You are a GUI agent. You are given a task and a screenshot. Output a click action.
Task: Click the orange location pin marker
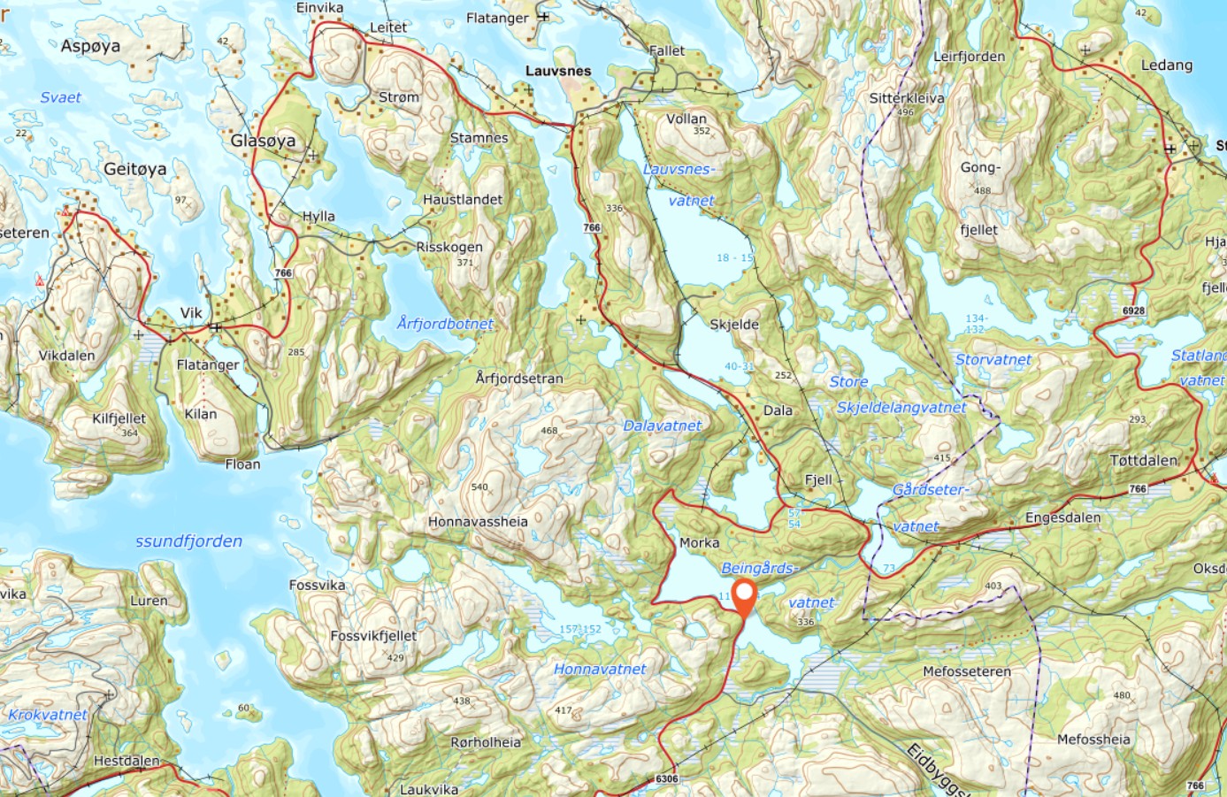tap(745, 598)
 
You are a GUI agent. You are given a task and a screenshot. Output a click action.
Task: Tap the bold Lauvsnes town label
tap(558, 71)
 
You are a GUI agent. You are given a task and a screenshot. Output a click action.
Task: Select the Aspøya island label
tap(90, 46)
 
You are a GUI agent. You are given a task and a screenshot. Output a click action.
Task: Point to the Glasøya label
tap(263, 141)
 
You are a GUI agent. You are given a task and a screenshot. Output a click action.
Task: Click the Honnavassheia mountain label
tap(478, 522)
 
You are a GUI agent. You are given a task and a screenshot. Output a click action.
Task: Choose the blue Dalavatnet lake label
tap(663, 425)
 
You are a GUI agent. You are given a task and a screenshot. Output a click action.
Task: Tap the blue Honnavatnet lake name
tap(600, 670)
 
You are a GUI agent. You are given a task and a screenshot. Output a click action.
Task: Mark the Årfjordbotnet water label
tap(445, 324)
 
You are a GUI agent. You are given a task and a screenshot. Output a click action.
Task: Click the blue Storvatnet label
tap(993, 360)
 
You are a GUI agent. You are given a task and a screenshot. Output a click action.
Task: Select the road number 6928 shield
tap(1133, 311)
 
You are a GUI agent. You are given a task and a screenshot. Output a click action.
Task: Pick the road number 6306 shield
tap(667, 779)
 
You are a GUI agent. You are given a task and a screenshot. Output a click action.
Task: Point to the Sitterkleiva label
tap(907, 98)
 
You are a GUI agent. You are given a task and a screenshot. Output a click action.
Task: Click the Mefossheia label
tap(1093, 740)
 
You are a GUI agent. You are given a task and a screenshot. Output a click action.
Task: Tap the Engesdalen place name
tap(1062, 517)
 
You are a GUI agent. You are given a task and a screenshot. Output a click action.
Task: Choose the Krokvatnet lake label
tap(48, 715)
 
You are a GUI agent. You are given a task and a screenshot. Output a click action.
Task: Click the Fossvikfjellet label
tap(373, 635)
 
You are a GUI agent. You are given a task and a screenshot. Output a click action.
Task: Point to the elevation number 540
tap(479, 487)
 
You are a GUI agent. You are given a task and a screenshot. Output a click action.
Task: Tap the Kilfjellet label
tap(119, 418)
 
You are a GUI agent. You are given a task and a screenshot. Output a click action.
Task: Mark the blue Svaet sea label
tap(60, 97)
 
